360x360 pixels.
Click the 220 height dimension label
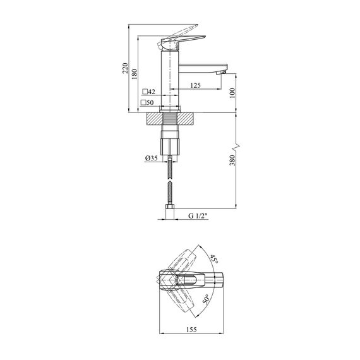125,68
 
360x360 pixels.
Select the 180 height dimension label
135,74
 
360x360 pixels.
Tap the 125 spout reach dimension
195,85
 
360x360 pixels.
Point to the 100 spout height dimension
232,93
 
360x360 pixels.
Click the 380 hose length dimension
232,160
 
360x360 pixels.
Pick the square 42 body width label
149,92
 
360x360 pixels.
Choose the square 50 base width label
147,102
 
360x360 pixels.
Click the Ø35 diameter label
152,158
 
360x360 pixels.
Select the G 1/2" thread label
198,216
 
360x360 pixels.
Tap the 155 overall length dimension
191,330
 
